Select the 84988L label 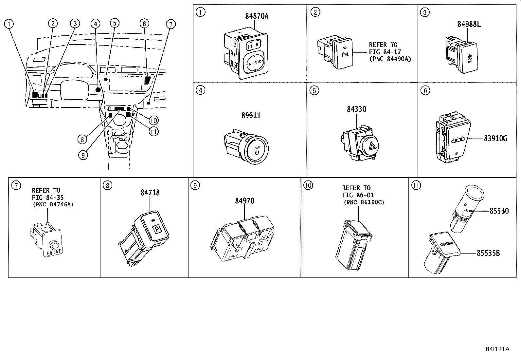[469, 24]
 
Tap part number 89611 [251, 116]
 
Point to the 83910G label [495, 139]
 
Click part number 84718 [150, 193]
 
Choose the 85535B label [488, 253]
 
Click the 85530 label [499, 211]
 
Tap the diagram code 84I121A [497, 349]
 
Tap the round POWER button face [257, 152]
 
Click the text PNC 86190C [364, 202]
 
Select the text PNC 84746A [53, 204]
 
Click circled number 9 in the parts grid [195, 186]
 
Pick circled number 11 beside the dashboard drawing [154, 132]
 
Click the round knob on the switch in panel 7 [53, 244]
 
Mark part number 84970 [244, 200]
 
